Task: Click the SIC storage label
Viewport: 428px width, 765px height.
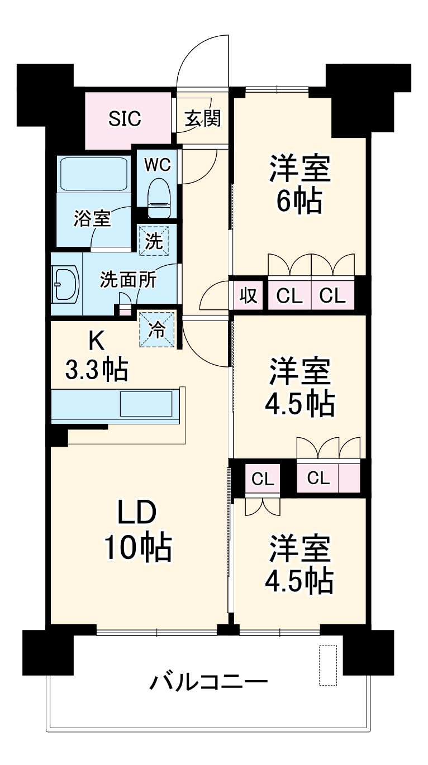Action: click(x=125, y=119)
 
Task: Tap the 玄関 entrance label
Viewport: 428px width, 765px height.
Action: click(x=202, y=118)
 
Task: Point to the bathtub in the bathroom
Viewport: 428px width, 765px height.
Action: click(x=94, y=175)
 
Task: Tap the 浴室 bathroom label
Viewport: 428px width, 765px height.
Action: click(x=93, y=219)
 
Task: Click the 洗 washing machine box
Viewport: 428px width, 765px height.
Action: click(x=154, y=241)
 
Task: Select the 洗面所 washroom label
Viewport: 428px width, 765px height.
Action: click(x=128, y=280)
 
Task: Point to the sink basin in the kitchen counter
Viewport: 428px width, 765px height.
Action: click(x=147, y=403)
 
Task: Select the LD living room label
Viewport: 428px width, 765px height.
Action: click(x=136, y=511)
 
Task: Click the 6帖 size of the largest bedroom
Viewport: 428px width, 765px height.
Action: click(x=299, y=201)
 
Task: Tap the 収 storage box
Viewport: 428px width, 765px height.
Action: click(x=248, y=295)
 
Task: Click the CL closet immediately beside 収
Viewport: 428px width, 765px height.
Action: click(x=289, y=295)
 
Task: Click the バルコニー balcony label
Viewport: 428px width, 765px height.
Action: click(x=208, y=682)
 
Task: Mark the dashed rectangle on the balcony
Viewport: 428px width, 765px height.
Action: click(x=328, y=665)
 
